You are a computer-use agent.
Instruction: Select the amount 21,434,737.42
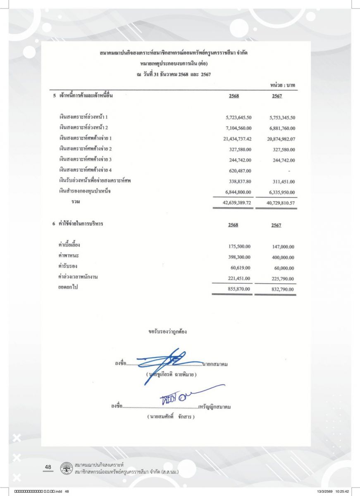(x=234, y=138)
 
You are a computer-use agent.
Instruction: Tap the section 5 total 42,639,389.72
(x=234, y=203)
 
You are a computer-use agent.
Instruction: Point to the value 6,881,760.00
(x=278, y=128)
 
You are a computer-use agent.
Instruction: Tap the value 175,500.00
(x=240, y=246)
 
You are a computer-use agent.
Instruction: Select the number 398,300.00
(x=240, y=257)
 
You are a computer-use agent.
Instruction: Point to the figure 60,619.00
(x=241, y=267)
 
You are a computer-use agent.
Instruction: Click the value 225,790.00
(x=280, y=278)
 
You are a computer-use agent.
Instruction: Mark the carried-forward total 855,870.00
(x=240, y=289)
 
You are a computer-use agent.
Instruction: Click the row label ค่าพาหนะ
(x=69, y=256)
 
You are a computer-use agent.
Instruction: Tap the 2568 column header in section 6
(x=233, y=225)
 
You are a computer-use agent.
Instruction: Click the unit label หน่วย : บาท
(x=283, y=85)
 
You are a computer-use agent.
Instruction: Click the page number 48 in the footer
(x=48, y=467)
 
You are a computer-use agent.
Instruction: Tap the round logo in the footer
(x=65, y=469)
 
